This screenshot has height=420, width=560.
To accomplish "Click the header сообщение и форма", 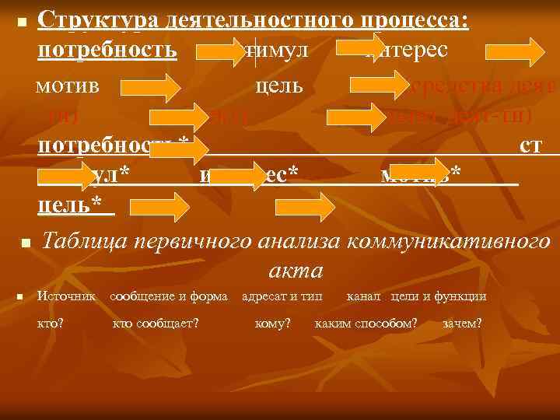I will coord(170,296).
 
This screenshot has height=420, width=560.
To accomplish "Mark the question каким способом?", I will coord(366,323).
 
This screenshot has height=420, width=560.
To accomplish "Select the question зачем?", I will coord(461,323).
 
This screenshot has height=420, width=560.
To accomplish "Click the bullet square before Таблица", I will coord(24,244).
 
